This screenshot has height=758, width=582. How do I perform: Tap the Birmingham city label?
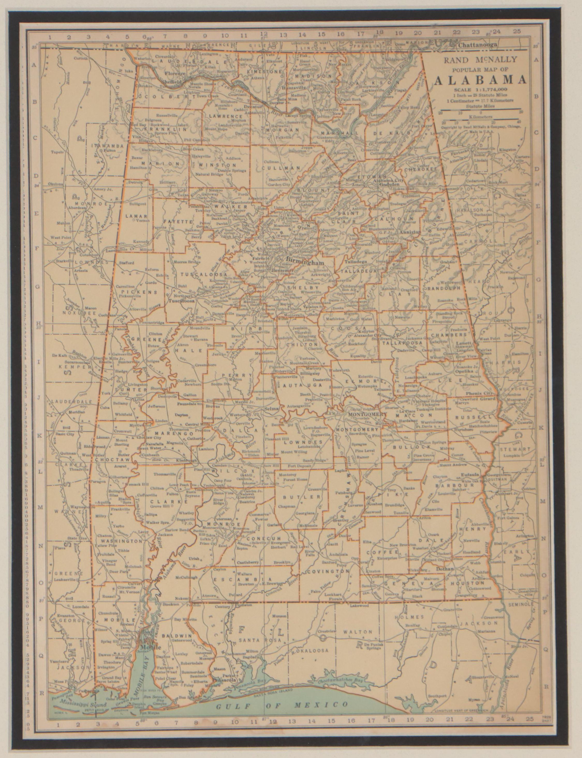click(305, 263)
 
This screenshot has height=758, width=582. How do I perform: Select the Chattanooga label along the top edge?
click(477, 45)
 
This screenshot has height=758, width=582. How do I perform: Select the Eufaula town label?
click(472, 474)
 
